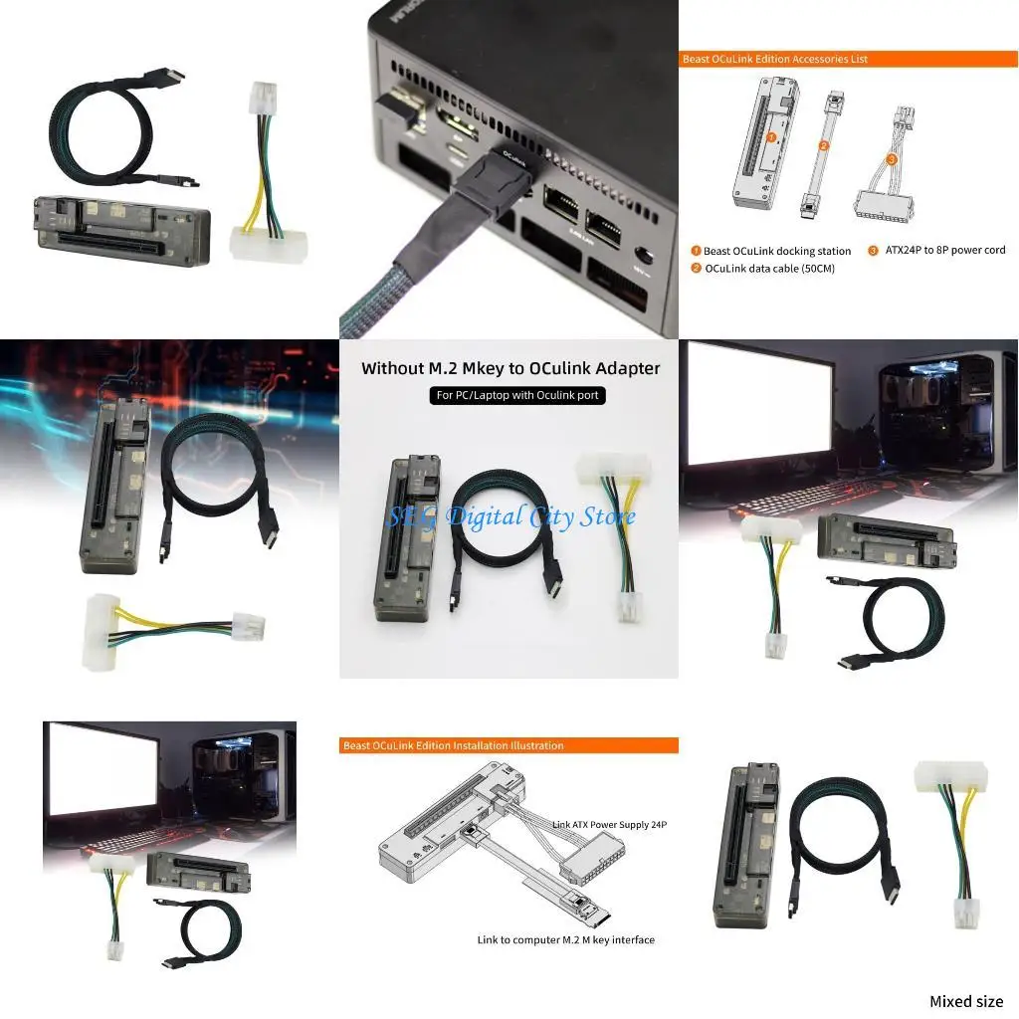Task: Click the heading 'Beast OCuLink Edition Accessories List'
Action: tap(774, 59)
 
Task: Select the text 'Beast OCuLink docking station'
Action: tap(776, 251)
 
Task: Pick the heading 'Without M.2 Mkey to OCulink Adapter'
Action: tap(509, 368)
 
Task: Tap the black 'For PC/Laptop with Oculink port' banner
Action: tap(509, 395)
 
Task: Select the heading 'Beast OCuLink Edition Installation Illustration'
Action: tap(453, 745)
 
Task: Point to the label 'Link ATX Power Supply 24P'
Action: tap(608, 824)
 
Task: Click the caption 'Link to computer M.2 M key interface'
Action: tap(565, 939)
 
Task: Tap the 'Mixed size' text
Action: tap(965, 1001)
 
